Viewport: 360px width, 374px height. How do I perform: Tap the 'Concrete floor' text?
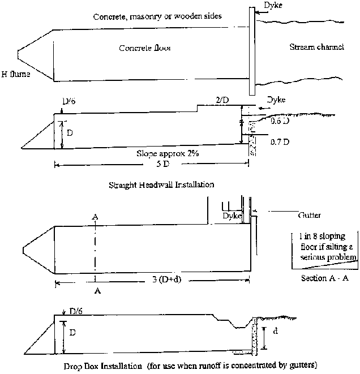[x=145, y=48]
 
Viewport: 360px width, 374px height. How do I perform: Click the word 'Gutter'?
[x=309, y=216]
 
